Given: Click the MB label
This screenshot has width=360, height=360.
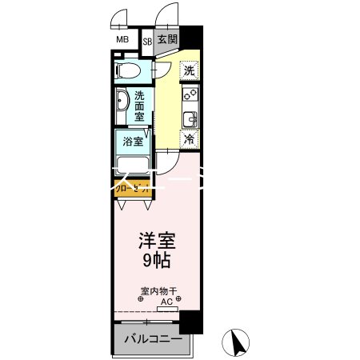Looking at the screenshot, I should [122, 39].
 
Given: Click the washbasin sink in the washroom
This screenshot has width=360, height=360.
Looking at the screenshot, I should [122, 105].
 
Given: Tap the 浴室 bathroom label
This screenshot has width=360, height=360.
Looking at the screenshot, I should [133, 142].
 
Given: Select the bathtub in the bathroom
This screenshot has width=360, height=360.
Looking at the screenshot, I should [134, 166].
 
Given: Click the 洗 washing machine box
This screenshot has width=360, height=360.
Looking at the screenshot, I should [189, 70].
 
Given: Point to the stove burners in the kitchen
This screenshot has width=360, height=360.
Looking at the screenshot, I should [190, 97].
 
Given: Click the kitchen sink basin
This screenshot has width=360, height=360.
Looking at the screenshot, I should [190, 120].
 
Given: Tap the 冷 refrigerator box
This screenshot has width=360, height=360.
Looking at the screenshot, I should [190, 140].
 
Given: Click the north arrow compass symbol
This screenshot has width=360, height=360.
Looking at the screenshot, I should [237, 344].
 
